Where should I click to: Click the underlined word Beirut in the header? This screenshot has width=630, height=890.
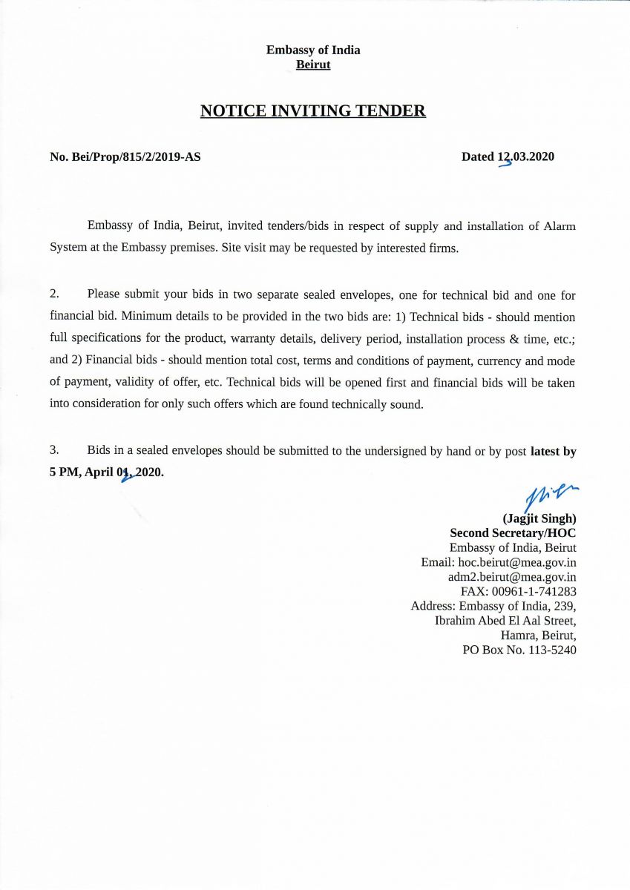[313, 65]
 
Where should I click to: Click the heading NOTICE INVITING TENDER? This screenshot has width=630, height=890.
[313, 111]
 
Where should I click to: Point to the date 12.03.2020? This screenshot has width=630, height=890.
[525, 156]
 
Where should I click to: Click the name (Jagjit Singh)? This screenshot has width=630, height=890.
[539, 518]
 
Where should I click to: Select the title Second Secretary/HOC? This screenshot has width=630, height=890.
[513, 533]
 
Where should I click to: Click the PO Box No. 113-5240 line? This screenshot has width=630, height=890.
[519, 650]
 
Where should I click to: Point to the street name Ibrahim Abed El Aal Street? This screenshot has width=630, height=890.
[505, 620]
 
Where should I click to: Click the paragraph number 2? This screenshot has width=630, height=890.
[54, 295]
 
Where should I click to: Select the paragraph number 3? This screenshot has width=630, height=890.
[54, 450]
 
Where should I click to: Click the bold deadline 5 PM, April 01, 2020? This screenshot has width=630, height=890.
[107, 472]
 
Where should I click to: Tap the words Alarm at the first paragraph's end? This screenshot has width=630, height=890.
[560, 226]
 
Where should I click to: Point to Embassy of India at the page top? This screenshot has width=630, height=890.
[313, 50]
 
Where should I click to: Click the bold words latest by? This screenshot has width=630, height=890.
[553, 450]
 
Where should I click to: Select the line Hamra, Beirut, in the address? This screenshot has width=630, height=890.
[539, 635]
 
